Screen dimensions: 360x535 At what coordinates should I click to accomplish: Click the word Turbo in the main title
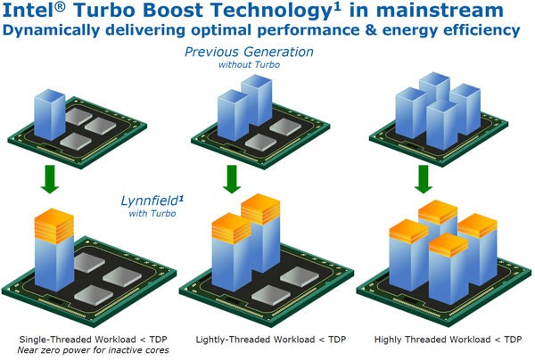126,12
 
